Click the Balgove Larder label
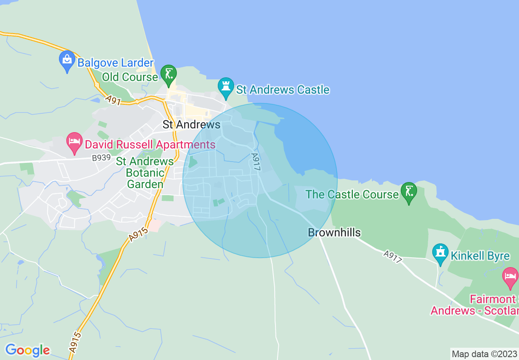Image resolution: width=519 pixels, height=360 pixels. [115, 63]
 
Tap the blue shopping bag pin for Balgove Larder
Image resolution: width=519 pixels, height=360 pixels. [67, 60]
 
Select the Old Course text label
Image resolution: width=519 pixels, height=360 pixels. [130, 77]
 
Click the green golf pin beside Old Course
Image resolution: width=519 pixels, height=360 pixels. [168, 74]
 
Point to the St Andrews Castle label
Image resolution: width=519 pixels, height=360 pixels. [283, 90]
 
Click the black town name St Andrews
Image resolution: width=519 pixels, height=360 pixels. [191, 124]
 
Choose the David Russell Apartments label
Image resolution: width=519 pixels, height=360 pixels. [150, 144]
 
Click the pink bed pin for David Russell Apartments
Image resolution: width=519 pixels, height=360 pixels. [74, 142]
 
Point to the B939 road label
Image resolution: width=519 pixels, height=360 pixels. [102, 157]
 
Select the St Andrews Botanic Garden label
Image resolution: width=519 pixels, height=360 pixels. [145, 173]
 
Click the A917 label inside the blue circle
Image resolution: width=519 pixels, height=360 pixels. [256, 162]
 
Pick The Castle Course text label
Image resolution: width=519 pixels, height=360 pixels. [352, 194]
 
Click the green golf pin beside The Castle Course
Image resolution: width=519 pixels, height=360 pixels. [409, 191]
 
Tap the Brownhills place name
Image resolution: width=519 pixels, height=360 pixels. [334, 233]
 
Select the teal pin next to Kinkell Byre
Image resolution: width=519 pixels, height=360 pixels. [440, 253]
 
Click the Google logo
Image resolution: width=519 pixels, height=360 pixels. [27, 350]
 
